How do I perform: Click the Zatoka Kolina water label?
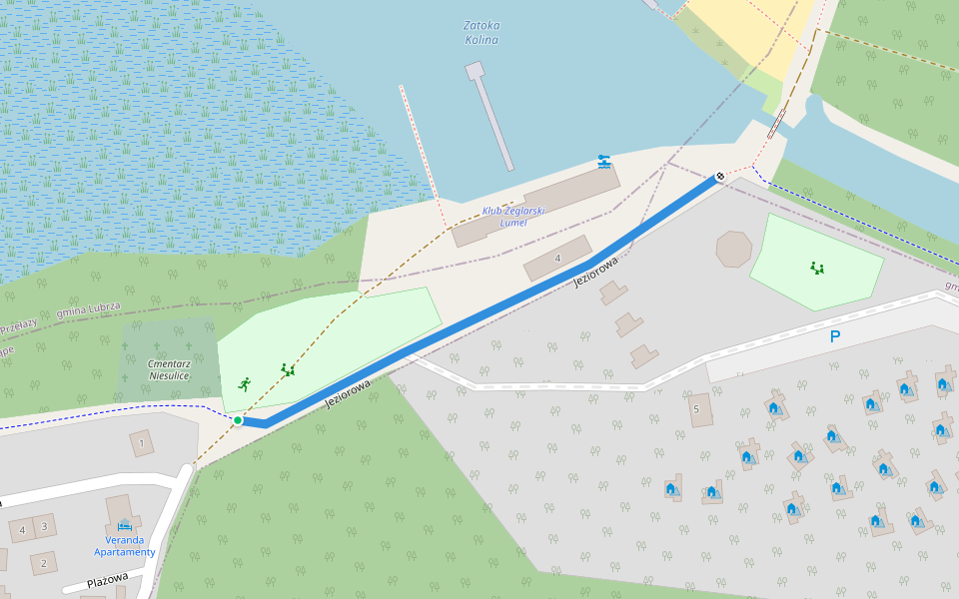pyautogui.click(x=482, y=33)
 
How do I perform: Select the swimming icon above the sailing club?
pyautogui.click(x=603, y=161)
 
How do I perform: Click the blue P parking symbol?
pyautogui.click(x=835, y=337)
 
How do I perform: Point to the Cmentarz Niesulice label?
pyautogui.click(x=169, y=369)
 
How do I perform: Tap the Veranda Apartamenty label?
pyautogui.click(x=125, y=545)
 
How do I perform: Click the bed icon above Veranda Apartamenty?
pyautogui.click(x=124, y=524)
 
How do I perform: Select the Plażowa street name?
pyautogui.click(x=107, y=582)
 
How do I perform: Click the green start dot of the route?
pyautogui.click(x=238, y=420)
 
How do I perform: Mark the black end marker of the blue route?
pyautogui.click(x=719, y=177)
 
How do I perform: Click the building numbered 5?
pyautogui.click(x=698, y=408)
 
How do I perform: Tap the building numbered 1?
pyautogui.click(x=142, y=442)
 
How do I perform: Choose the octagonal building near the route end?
pyautogui.click(x=734, y=249)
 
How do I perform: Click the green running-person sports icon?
pyautogui.click(x=245, y=384)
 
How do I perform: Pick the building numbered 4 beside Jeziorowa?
pyautogui.click(x=557, y=258)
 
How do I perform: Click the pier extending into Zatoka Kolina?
pyautogui.click(x=491, y=115)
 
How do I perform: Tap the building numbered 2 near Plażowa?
pyautogui.click(x=43, y=563)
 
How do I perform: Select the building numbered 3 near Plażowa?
pyautogui.click(x=44, y=524)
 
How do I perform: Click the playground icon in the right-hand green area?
pyautogui.click(x=817, y=268)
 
